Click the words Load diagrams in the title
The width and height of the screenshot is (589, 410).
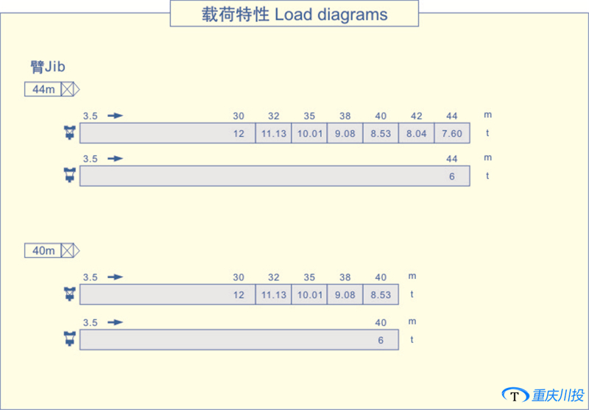331,14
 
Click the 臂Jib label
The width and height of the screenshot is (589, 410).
48,67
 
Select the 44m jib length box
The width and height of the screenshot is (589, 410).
43,90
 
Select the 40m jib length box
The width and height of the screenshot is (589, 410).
43,250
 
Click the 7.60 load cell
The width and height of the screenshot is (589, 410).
452,133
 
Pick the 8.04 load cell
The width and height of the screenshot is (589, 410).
417,133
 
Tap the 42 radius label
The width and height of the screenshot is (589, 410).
416,116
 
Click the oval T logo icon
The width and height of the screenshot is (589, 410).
515,396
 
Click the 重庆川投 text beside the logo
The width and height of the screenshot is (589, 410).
558,395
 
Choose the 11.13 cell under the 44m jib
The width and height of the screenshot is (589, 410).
274,133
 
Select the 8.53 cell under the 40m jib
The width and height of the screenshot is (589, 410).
381,294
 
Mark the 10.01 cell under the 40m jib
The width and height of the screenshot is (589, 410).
309,294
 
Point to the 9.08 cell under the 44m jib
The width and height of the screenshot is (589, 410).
345,133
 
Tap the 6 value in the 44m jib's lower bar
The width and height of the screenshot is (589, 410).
452,176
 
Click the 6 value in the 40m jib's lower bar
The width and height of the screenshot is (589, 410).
381,340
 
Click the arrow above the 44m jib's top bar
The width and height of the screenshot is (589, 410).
116,116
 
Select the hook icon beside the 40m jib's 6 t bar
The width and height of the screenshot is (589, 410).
70,339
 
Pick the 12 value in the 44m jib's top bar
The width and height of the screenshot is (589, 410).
239,133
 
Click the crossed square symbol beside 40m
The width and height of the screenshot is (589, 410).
67,250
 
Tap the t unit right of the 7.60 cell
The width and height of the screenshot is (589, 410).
487,133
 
